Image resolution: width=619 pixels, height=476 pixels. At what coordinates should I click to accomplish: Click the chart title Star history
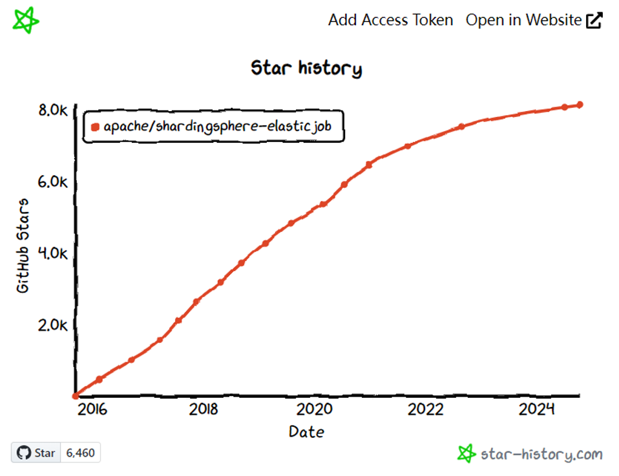(306, 68)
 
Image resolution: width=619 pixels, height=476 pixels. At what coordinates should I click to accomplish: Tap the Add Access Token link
(390, 20)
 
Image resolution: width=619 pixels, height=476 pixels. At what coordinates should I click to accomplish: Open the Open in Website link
(523, 20)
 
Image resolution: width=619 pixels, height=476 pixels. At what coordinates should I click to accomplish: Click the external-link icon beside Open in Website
(594, 21)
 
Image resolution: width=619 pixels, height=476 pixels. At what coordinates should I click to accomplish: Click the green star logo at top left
(26, 21)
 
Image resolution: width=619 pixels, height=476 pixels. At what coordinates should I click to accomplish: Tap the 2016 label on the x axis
(93, 409)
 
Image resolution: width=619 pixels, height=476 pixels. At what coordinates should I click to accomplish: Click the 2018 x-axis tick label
(204, 409)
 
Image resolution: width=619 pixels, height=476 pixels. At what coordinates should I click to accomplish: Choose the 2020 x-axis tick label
(315, 409)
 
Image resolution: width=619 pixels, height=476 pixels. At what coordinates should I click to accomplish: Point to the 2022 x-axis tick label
(426, 409)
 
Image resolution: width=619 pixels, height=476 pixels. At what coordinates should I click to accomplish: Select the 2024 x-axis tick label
(537, 409)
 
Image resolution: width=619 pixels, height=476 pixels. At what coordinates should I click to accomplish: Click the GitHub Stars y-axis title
(23, 246)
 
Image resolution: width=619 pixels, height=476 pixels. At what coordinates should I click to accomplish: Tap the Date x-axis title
(306, 431)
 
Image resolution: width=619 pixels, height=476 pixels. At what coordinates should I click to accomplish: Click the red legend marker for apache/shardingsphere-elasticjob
(96, 127)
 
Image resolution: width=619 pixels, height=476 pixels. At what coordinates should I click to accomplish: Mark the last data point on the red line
(580, 105)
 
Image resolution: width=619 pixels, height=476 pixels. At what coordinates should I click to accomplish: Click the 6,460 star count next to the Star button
(81, 453)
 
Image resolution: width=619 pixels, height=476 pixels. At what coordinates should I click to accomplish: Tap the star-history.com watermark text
(541, 455)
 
